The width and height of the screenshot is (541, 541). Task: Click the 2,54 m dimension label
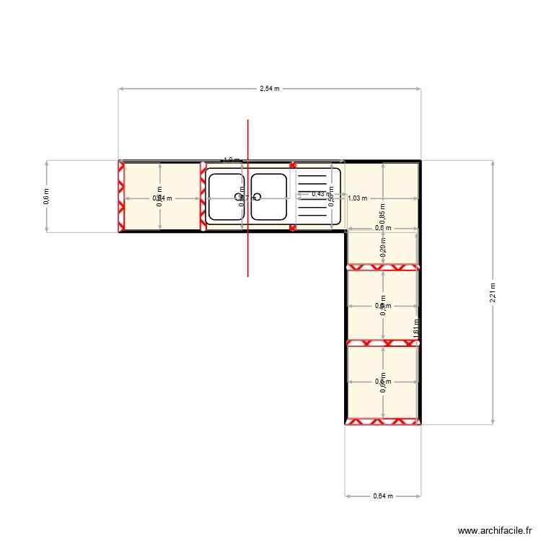click(270, 89)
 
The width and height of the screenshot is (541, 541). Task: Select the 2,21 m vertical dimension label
click(493, 291)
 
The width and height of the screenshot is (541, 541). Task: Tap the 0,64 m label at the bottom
click(383, 496)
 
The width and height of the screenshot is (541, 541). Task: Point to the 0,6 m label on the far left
click(47, 196)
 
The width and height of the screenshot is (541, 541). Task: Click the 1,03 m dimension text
click(358, 198)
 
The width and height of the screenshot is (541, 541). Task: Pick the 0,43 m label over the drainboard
click(317, 193)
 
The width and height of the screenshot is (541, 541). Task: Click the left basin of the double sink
click(226, 196)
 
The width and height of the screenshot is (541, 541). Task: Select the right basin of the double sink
click(269, 196)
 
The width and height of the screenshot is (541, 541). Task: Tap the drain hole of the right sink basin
click(257, 196)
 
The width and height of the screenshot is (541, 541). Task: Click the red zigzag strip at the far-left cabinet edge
click(121, 196)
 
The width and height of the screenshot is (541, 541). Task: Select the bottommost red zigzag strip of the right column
click(382, 421)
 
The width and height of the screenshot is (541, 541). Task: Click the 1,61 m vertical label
click(416, 328)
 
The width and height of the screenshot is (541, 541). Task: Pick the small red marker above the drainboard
click(293, 164)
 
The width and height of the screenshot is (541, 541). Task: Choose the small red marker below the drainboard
click(293, 228)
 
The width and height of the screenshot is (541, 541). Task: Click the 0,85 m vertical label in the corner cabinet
click(382, 214)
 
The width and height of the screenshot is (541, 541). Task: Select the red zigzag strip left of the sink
click(203, 196)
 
